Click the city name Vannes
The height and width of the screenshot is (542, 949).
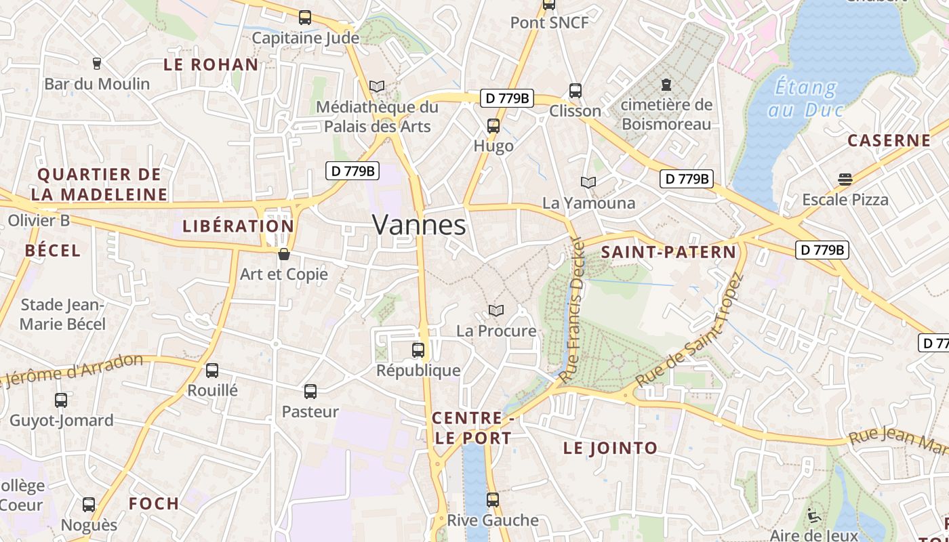419,225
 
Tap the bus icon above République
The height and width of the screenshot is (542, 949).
418,350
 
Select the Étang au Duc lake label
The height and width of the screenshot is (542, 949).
806,98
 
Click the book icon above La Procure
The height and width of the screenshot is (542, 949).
496,310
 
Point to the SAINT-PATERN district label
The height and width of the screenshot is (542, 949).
668,253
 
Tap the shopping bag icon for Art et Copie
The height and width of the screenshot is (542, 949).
284,254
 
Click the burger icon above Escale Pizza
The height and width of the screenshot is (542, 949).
845,180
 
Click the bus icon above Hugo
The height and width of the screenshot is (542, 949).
493,125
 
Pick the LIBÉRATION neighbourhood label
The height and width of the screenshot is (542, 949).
238,226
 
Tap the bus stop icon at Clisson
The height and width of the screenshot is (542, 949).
576,90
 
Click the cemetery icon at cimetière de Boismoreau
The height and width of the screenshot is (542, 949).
666,85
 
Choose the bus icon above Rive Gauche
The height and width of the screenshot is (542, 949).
493,500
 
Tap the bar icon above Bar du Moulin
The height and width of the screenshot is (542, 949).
96,64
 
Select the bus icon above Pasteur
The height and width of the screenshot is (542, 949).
310,391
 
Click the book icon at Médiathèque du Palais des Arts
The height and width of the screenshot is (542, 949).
377,87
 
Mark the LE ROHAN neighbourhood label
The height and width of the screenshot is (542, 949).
211,65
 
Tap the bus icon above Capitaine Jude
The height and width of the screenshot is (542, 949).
305,18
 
